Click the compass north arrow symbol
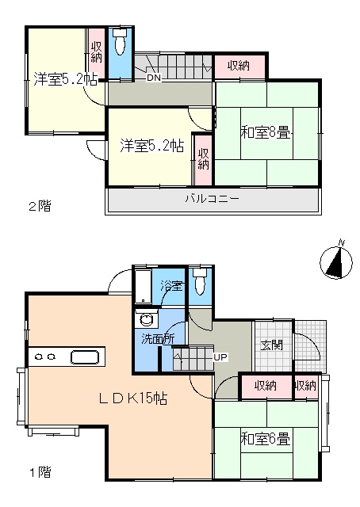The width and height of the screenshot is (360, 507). pyautogui.click(x=336, y=262)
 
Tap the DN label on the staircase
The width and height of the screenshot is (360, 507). pyautogui.click(x=154, y=78)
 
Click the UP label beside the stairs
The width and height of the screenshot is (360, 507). pyautogui.click(x=220, y=357)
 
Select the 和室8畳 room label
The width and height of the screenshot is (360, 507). pyautogui.click(x=265, y=133)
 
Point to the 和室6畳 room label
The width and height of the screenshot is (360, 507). pyautogui.click(x=265, y=439)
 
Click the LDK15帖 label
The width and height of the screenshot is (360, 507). pyautogui.click(x=132, y=398)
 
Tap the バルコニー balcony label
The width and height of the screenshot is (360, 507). pyautogui.click(x=213, y=199)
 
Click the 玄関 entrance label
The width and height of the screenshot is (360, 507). pyautogui.click(x=272, y=345)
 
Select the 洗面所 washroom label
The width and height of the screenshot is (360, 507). pyautogui.click(x=158, y=338)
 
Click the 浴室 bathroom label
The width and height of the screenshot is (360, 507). pyautogui.click(x=171, y=285)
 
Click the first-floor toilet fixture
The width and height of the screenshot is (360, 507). pyautogui.click(x=199, y=281)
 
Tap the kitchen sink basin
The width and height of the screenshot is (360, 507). pyautogui.click(x=85, y=357)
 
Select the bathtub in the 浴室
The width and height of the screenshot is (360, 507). pyautogui.click(x=143, y=286)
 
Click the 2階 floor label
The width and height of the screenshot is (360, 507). pyautogui.click(x=40, y=206)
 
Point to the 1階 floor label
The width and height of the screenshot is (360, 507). pyautogui.click(x=40, y=473)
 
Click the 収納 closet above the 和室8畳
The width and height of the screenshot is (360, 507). pyautogui.click(x=239, y=67)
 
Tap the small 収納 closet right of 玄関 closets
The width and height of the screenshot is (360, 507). pyautogui.click(x=305, y=386)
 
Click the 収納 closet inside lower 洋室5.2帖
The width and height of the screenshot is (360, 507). pyautogui.click(x=203, y=160)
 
